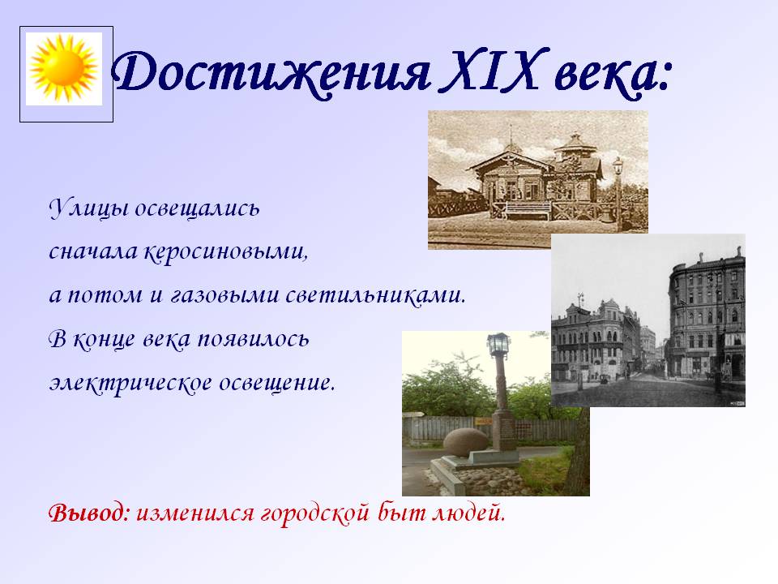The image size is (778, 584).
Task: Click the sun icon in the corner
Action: pyautogui.click(x=63, y=68)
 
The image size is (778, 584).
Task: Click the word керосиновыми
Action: pyautogui.click(x=226, y=251)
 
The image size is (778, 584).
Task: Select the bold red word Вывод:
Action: pyautogui.click(x=89, y=513)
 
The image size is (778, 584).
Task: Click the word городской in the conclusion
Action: pyautogui.click(x=315, y=513)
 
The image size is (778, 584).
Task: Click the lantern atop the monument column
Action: pyautogui.click(x=498, y=345)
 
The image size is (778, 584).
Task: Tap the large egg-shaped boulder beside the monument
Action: pyautogui.click(x=466, y=443)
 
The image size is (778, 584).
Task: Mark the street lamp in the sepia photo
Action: pyautogui.click(x=618, y=194)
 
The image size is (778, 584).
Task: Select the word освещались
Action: pyautogui.click(x=197, y=208)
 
